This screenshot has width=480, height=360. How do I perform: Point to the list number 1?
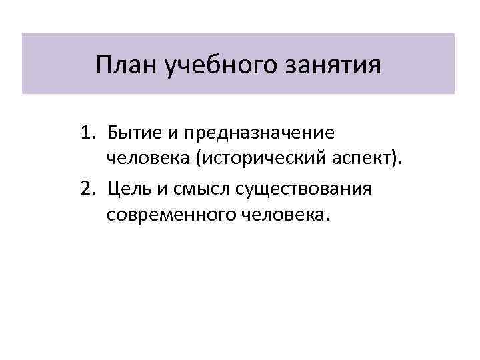tap(86, 133)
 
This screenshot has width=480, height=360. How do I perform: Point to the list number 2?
tap(86, 189)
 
